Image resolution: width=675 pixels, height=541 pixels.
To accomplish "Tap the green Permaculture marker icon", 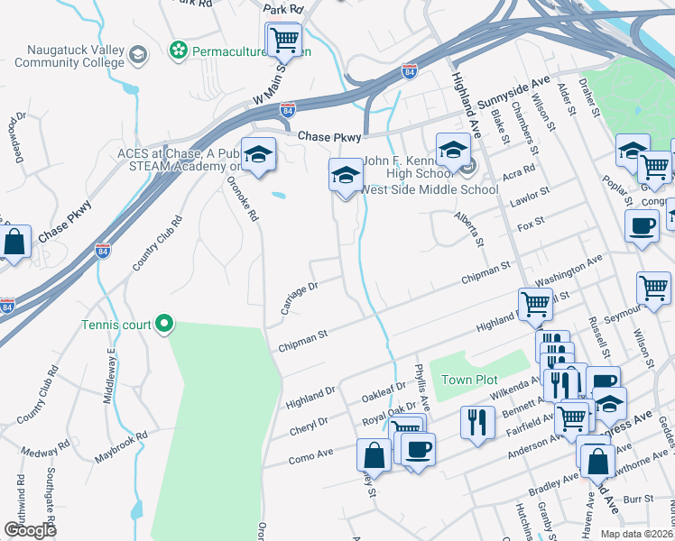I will click(180, 49).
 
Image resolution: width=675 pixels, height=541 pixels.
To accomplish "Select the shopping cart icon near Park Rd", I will click(284, 39).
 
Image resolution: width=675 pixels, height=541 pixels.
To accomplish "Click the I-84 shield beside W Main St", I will click(287, 110).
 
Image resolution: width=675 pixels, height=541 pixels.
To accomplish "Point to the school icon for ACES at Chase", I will click(258, 155).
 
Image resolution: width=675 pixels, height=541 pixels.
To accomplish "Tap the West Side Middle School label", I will click(430, 189).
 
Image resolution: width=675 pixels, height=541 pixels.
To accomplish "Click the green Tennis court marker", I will click(164, 323).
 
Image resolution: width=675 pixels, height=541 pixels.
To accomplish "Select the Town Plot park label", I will click(469, 381).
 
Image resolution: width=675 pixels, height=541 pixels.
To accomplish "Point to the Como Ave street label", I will click(311, 458).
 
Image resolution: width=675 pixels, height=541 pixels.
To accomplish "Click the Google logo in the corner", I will click(30, 530).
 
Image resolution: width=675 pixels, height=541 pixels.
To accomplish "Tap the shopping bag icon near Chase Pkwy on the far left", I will click(14, 242).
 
